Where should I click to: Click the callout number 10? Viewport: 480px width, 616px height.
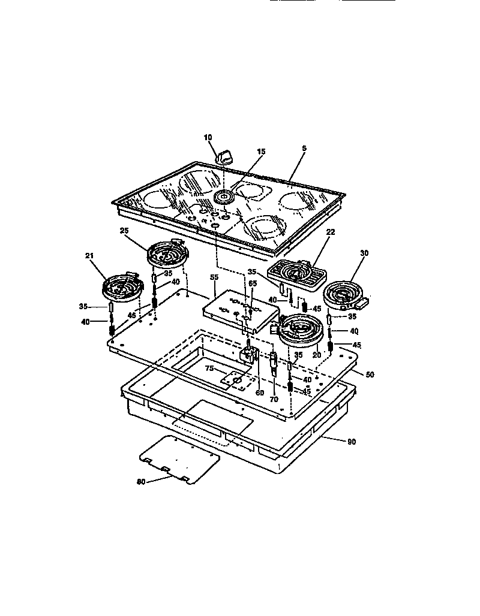point(208,137)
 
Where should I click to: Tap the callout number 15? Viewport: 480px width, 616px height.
point(260,152)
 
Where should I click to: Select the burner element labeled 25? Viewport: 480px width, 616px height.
point(164,253)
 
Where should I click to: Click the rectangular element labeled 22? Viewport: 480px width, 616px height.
point(296,274)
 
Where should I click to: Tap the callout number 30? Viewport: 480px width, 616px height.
point(363,253)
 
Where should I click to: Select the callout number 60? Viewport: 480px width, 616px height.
point(259,393)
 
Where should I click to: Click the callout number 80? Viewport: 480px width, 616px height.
point(140,481)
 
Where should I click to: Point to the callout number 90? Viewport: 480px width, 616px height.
point(352,442)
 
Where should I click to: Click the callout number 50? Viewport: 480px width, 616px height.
point(370,374)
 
